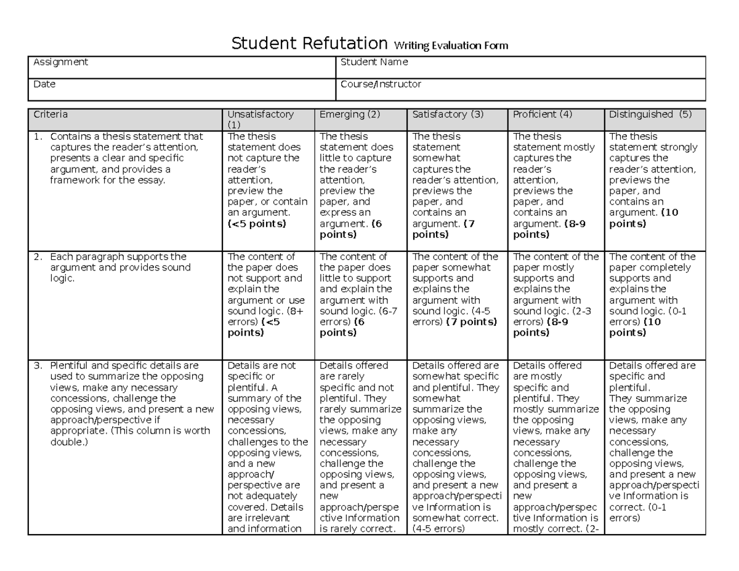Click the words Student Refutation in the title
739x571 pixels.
[x=309, y=44]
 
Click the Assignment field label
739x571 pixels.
[x=60, y=62]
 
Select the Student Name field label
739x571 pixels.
[x=374, y=62]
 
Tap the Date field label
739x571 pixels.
[x=44, y=84]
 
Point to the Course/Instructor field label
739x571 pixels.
[x=381, y=84]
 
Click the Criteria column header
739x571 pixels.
[x=50, y=115]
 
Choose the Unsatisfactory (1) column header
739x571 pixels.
[x=260, y=115]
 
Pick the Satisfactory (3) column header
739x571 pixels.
[x=448, y=115]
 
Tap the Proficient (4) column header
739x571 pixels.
[x=543, y=115]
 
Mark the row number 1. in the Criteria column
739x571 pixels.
[x=38, y=137]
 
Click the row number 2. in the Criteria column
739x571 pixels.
[x=38, y=257]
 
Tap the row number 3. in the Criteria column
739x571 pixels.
[x=38, y=366]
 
